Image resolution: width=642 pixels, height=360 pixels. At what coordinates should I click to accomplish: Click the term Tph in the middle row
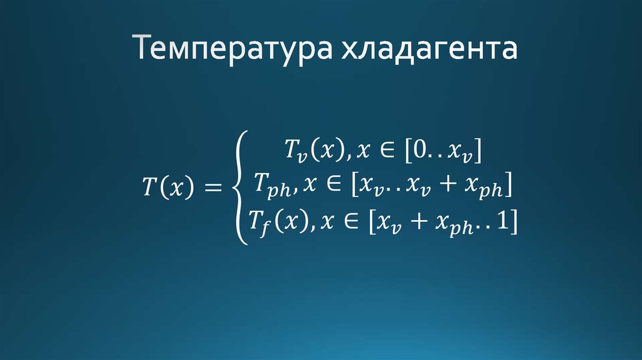point(268,185)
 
